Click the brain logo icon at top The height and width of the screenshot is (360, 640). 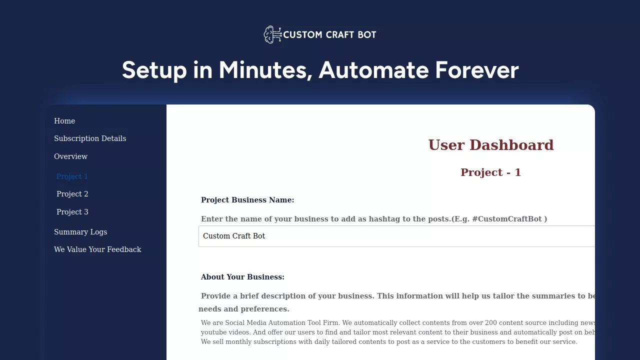point(272,34)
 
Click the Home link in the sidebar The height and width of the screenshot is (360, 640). point(64,121)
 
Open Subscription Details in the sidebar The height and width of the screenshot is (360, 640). point(90,138)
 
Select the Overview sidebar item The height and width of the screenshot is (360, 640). point(70,156)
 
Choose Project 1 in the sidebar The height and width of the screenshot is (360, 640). point(72,176)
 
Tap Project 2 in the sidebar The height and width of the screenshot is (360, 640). point(72,194)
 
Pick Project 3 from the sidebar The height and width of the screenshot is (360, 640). point(72,212)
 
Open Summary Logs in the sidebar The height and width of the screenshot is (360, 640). point(80,232)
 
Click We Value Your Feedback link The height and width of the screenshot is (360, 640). point(97,249)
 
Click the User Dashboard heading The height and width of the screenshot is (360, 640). point(491,145)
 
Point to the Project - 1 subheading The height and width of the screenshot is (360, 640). point(491,172)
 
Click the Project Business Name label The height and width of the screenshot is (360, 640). point(247,200)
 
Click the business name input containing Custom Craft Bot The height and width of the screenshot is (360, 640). point(396,236)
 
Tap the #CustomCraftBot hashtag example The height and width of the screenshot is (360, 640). point(507,219)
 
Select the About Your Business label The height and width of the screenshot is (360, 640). point(242,277)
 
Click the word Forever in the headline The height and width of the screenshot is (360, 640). point(477,70)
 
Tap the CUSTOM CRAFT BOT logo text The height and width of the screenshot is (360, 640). point(329,35)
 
